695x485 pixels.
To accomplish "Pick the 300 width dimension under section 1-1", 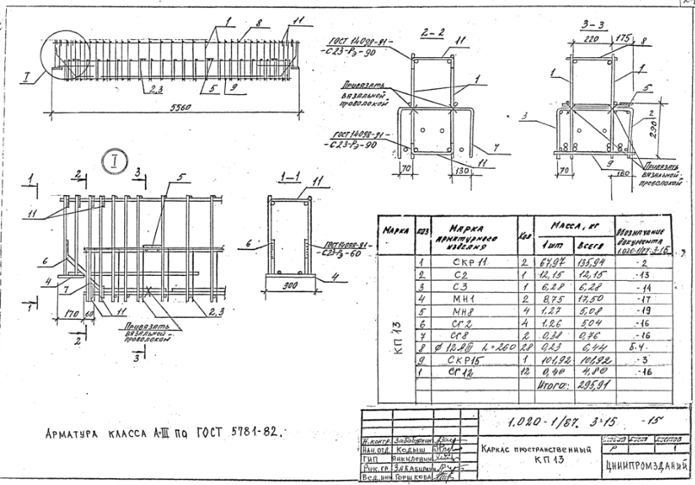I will tap(288, 285).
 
